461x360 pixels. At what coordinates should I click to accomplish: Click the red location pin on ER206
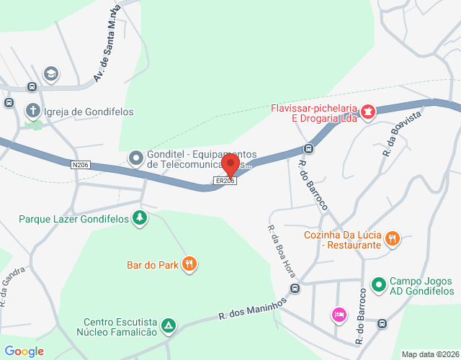tap(230, 165)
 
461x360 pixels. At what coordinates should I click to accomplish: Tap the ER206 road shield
tap(225, 181)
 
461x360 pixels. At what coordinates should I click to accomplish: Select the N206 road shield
tap(81, 165)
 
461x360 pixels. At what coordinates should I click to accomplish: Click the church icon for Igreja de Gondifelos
tap(32, 111)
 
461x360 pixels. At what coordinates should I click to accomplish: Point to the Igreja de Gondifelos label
tap(89, 112)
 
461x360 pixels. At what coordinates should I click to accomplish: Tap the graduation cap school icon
tap(50, 73)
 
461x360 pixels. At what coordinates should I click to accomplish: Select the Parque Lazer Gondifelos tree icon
tap(140, 218)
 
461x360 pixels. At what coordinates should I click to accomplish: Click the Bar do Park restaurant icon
tap(189, 264)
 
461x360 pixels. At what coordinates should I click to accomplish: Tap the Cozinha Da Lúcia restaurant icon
tap(393, 238)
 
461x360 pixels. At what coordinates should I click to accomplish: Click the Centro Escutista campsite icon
tap(168, 326)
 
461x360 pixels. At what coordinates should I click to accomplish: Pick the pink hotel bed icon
tap(338, 314)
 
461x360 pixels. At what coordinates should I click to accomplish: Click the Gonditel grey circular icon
tap(135, 157)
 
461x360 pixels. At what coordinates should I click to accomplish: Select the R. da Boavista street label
tap(402, 137)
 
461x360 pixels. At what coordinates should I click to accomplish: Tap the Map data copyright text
tap(430, 354)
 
